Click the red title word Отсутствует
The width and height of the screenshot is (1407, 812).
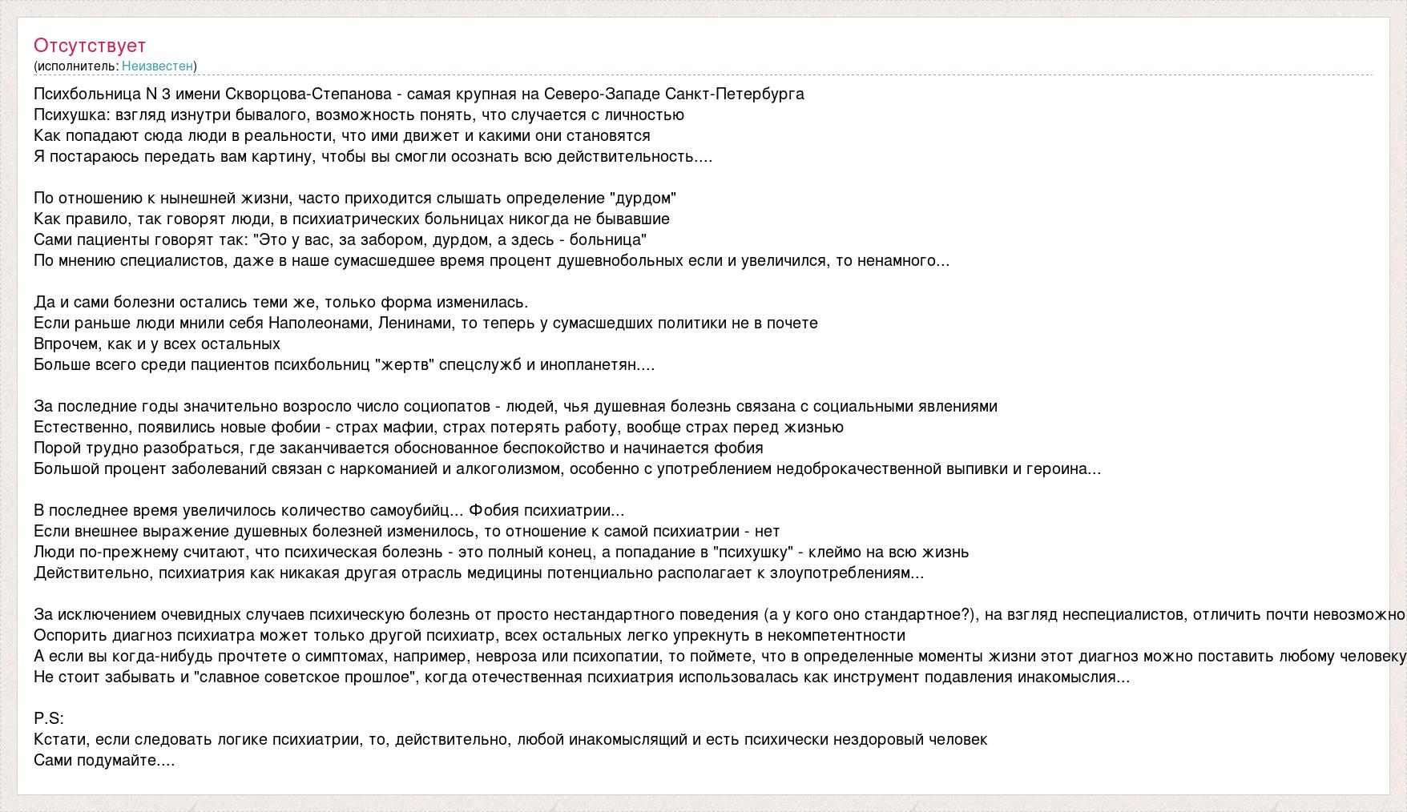click(x=90, y=46)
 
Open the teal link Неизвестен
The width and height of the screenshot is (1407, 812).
click(x=157, y=66)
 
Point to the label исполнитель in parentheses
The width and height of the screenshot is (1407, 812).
click(x=76, y=66)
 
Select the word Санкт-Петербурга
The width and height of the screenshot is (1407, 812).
click(x=735, y=94)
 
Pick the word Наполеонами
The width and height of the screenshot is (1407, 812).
click(x=318, y=323)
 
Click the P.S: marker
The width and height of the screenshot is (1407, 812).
click(x=49, y=718)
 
